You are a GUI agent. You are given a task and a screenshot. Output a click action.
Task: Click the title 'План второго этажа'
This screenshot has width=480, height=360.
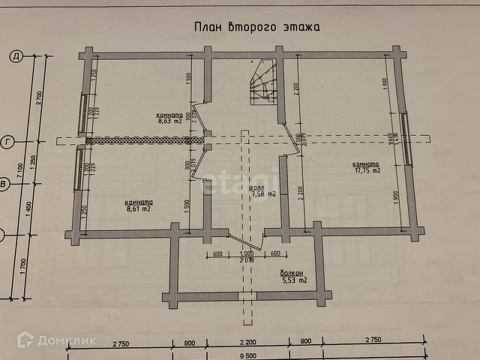[x=256, y=27]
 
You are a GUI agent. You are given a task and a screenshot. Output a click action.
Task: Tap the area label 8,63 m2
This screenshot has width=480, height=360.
[x=169, y=119]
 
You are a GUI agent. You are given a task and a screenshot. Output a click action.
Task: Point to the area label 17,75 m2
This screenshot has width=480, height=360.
[x=366, y=171]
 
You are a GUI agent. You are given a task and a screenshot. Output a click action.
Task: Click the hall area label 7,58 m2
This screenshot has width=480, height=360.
[x=262, y=194]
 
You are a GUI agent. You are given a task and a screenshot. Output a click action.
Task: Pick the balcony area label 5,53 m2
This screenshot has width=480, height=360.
[x=294, y=280]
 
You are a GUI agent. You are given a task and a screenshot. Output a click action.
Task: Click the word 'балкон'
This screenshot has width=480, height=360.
[x=292, y=273]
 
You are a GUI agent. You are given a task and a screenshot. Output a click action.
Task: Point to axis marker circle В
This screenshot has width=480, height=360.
[x=4, y=183]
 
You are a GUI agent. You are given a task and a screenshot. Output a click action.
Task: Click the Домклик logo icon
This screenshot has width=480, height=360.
[x=25, y=340]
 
